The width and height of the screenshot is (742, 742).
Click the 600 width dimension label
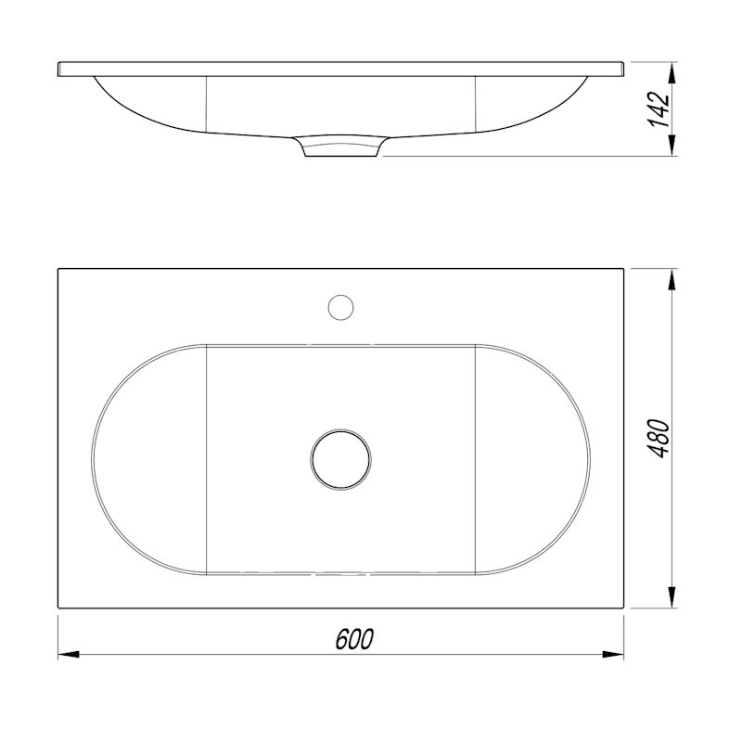point(354,639)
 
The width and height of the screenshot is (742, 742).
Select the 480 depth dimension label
point(659,438)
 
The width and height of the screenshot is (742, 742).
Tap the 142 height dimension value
point(659,109)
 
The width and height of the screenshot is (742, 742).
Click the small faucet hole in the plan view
point(340,307)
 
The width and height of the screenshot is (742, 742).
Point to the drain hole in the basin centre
point(340,459)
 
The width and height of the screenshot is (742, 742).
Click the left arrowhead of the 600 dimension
point(68,655)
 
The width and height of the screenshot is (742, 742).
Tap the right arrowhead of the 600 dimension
point(613,655)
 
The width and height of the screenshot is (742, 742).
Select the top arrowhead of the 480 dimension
point(671,279)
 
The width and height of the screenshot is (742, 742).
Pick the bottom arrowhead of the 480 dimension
point(671,597)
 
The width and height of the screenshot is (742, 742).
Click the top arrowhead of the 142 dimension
point(671,72)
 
